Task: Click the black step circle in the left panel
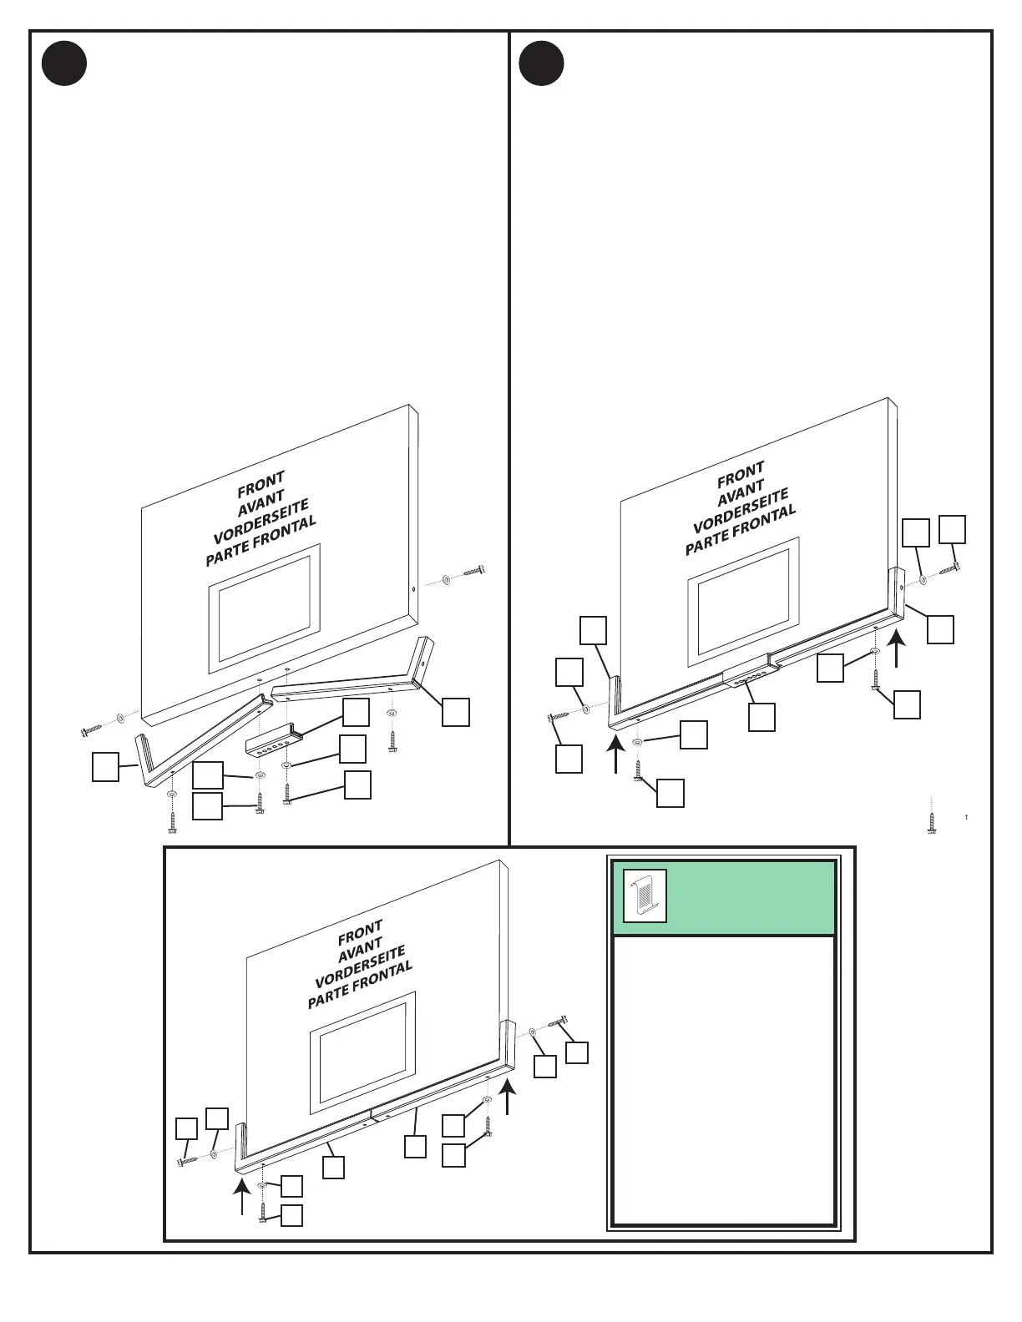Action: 64,63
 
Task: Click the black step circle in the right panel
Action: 541,63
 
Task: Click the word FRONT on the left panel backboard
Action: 261,483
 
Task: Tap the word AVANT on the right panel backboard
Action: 741,493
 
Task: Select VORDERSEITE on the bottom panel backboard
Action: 360,964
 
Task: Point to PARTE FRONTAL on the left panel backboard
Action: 261,540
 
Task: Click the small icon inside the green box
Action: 645,896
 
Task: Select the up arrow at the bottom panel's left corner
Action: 241,1194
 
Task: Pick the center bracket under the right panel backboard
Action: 747,678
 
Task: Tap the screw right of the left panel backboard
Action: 473,573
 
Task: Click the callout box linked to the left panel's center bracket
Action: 356,712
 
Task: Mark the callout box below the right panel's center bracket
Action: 761,717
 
